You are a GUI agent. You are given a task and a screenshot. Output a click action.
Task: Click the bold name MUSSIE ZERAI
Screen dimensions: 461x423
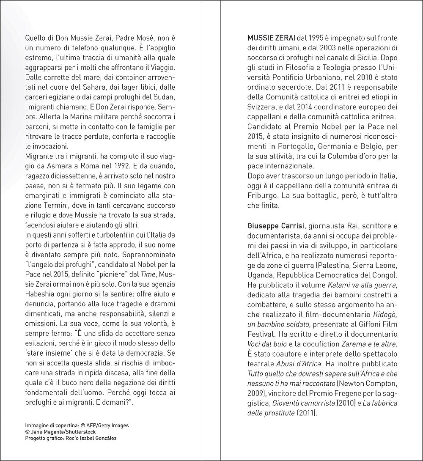[268, 38]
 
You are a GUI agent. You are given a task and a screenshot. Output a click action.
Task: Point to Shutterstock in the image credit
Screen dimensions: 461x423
[78, 431]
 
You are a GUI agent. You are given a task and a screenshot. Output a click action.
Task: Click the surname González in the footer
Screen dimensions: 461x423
[105, 438]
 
